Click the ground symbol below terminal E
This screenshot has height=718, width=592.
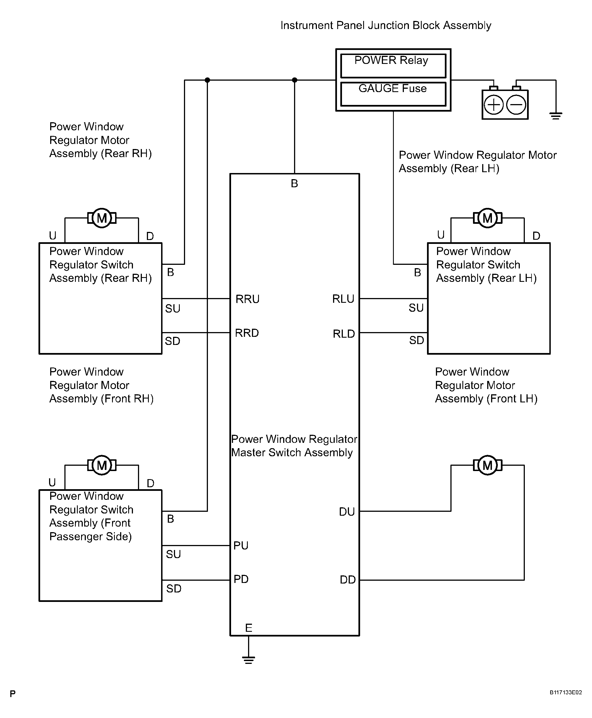(x=249, y=660)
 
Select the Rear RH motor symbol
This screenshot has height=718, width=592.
(x=102, y=218)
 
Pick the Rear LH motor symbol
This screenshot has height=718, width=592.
(x=487, y=218)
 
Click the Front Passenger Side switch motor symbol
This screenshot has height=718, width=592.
(x=102, y=465)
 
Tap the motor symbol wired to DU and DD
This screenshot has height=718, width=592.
(x=487, y=465)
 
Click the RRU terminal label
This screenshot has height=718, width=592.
(x=248, y=299)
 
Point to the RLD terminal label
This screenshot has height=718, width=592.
(x=344, y=333)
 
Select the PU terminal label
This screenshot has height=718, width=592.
(x=241, y=546)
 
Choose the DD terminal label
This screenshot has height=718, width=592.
(x=348, y=580)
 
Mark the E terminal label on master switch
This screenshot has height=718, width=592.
(x=249, y=628)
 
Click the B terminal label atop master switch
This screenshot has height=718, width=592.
(x=294, y=184)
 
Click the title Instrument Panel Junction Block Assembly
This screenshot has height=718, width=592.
(x=386, y=26)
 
